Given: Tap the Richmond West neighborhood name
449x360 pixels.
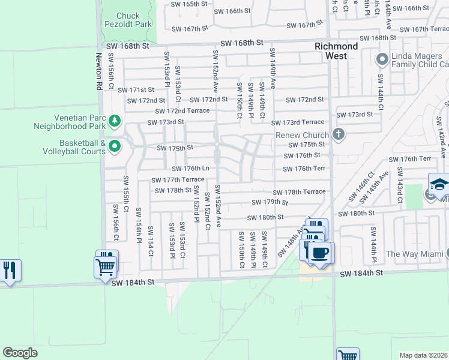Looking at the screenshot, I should [x=337, y=51].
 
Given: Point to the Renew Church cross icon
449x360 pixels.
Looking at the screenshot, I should [x=339, y=134].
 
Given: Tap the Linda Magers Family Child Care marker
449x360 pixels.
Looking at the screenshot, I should [x=381, y=59].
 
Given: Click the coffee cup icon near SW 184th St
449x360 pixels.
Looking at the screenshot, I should [x=320, y=252].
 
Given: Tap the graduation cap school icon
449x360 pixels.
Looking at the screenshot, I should [x=439, y=183].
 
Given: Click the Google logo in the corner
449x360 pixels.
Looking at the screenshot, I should [x=20, y=353].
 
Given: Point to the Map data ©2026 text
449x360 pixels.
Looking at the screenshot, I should [x=423, y=355].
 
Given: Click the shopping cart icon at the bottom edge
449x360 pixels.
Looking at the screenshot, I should [x=348, y=355].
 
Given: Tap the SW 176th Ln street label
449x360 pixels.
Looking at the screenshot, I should [x=190, y=169].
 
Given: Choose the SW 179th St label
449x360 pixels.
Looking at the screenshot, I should [x=270, y=202].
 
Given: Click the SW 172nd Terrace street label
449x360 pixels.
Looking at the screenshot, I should [x=182, y=111].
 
